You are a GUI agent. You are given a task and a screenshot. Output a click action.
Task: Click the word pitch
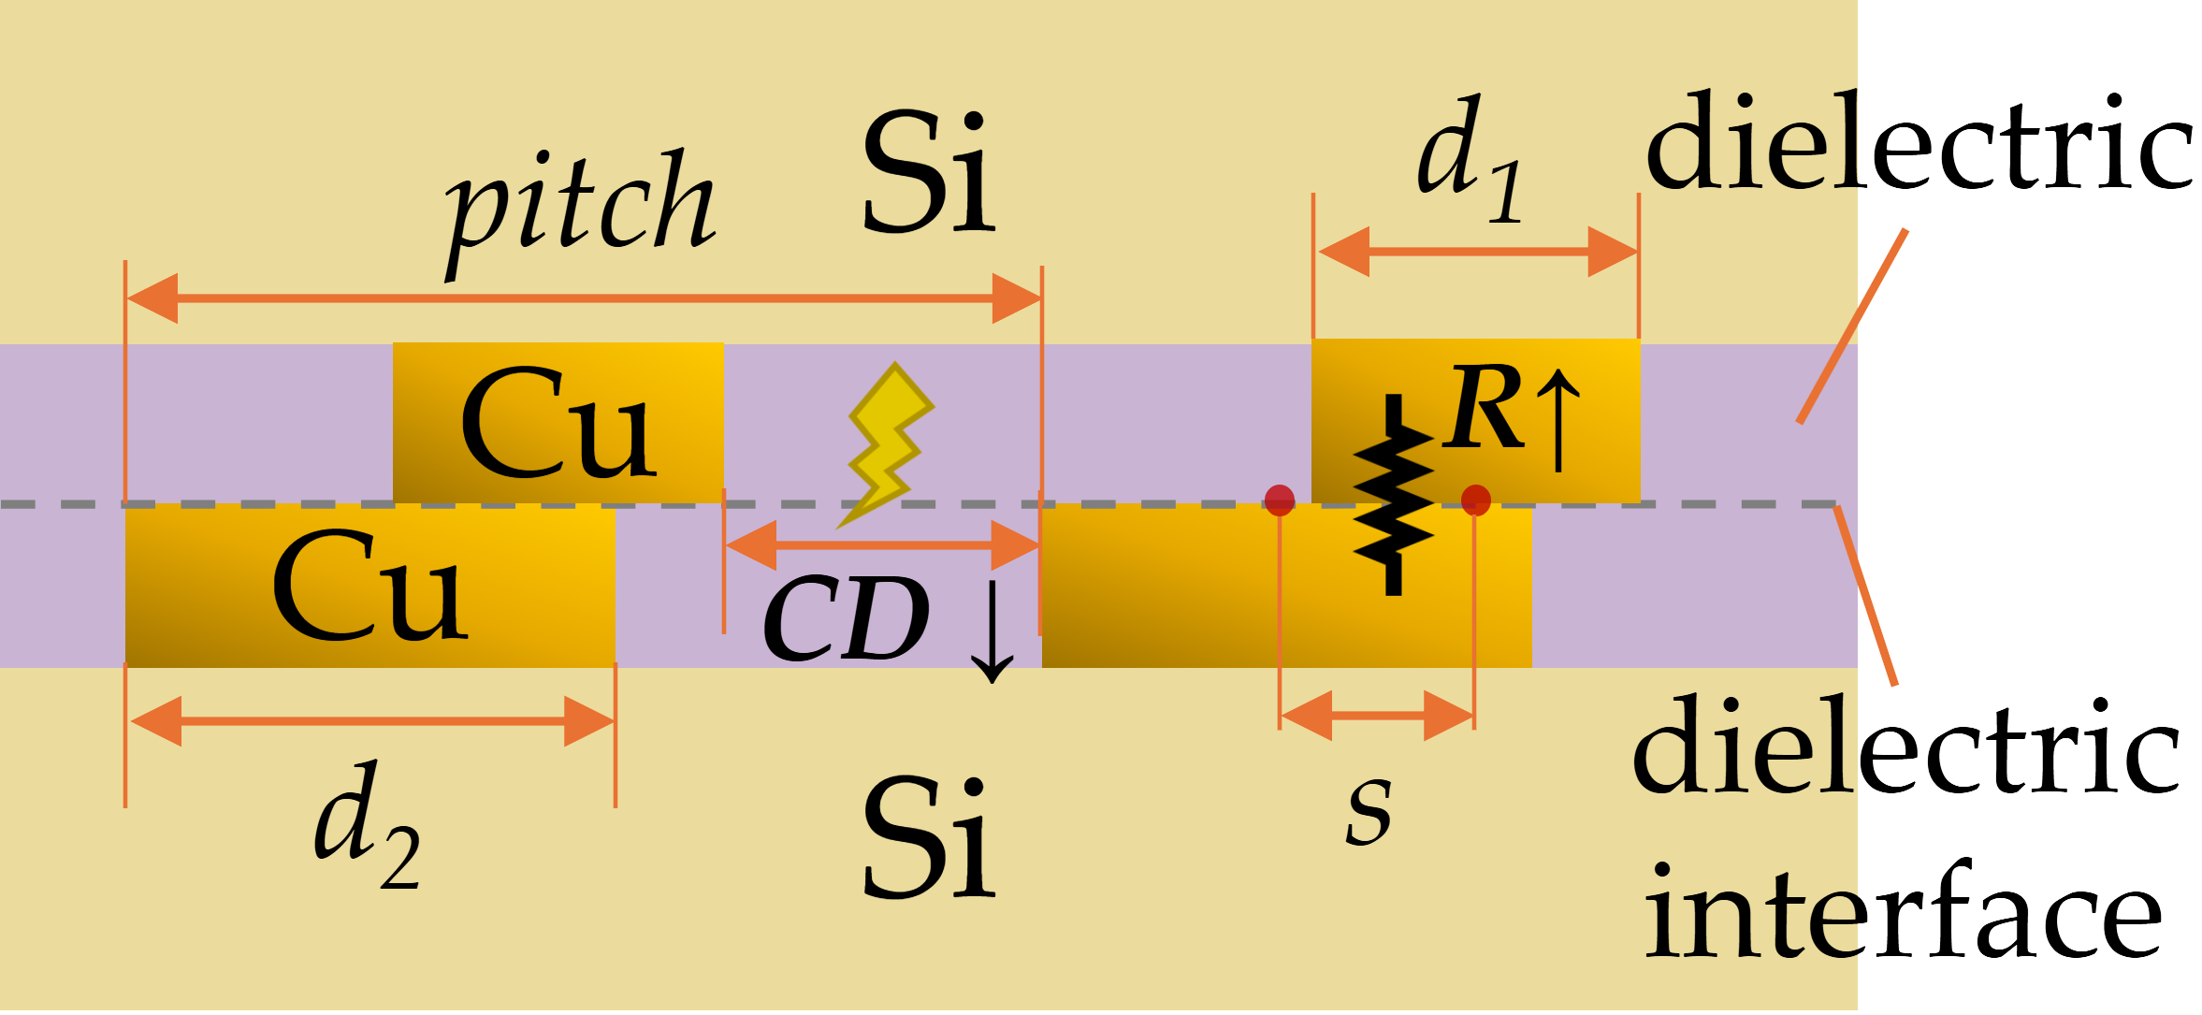click(580, 210)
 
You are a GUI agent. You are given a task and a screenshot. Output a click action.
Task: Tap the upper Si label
click(928, 173)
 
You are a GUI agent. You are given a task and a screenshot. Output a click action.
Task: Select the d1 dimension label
click(1469, 159)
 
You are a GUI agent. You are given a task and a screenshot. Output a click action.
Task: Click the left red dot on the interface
click(1279, 500)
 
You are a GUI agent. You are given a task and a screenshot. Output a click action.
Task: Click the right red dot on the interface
click(1475, 500)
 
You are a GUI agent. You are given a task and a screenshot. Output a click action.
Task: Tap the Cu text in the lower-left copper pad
click(369, 587)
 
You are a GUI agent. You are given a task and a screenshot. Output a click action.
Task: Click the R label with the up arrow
click(1508, 412)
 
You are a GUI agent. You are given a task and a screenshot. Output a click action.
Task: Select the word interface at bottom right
click(1904, 912)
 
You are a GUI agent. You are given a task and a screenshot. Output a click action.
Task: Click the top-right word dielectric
click(1918, 145)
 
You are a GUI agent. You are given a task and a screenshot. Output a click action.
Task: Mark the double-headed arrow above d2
click(370, 721)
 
